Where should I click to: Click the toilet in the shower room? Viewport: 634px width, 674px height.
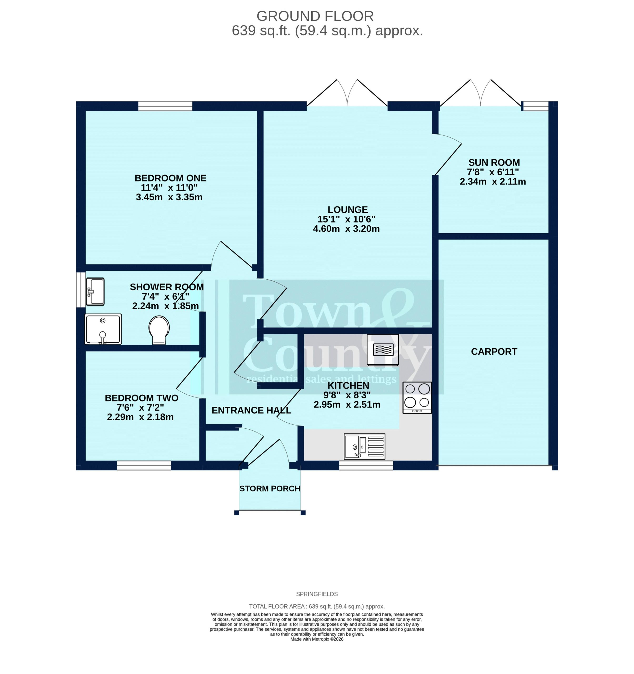coord(159,330)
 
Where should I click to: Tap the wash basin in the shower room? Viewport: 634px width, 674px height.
coord(95,291)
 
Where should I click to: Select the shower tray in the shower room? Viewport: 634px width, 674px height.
coord(103,329)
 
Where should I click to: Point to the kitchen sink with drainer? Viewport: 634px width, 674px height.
coord(365,446)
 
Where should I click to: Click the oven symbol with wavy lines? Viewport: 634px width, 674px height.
coord(383,350)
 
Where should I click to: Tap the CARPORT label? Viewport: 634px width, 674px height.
coord(494,351)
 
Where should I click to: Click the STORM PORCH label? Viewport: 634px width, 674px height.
coord(270,489)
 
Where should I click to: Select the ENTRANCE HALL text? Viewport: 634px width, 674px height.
coord(251,410)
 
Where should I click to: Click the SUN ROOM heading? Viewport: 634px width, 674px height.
coord(494,162)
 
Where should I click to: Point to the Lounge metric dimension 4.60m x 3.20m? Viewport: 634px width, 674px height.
coord(346,229)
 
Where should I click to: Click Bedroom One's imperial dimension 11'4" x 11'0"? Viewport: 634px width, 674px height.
coord(169,187)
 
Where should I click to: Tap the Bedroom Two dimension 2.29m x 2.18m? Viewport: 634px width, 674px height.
coord(140,417)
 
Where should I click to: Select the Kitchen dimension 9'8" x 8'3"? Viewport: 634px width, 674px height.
coord(347,395)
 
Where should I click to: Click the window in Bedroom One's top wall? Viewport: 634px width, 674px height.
coord(165,106)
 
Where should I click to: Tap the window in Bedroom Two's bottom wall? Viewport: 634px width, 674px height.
coord(144,465)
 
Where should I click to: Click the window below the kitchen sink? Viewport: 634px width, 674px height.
coord(366,465)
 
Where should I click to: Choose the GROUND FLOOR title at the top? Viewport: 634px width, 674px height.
coord(315,16)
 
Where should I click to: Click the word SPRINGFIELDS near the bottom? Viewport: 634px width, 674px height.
coord(317,594)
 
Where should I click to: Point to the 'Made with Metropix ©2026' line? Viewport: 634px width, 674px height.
coord(317,639)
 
